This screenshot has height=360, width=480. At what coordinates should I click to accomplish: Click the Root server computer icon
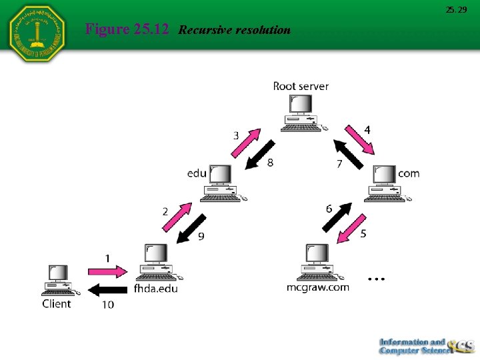(301, 112)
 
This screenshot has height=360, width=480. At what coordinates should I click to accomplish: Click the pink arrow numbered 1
(106, 272)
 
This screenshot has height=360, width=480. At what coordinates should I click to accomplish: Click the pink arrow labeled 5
(352, 229)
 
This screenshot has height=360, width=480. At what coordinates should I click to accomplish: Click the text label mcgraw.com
(318, 287)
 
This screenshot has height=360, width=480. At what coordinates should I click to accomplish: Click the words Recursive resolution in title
(235, 30)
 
